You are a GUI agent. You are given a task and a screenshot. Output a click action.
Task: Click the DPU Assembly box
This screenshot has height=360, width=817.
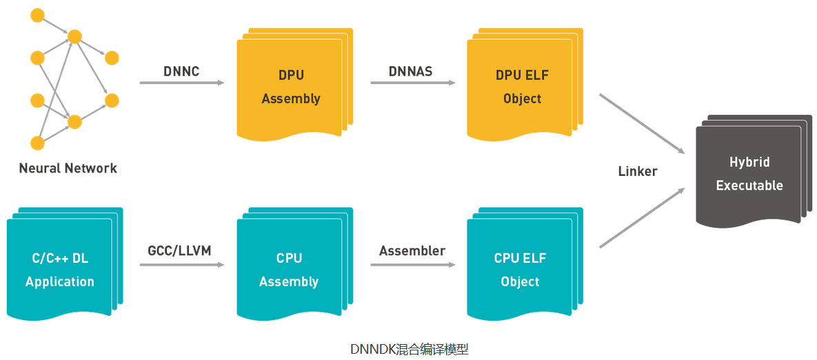coord(290,86)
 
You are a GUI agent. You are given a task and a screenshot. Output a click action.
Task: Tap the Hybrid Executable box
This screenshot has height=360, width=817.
coord(749,174)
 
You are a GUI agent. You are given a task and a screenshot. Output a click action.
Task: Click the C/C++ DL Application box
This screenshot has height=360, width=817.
coord(60,270)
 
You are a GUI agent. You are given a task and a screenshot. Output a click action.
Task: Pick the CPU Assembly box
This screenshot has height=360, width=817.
coord(289,270)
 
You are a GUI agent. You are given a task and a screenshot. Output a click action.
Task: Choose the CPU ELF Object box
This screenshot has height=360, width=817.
coord(520,270)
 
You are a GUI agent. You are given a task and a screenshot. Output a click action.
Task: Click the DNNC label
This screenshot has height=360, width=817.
coord(181,70)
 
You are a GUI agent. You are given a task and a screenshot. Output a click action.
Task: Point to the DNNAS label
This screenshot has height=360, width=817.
coord(411,70)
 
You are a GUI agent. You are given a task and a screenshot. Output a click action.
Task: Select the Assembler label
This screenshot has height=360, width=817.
coord(412,250)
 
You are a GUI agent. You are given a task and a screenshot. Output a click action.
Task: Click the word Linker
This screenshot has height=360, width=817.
coord(638,170)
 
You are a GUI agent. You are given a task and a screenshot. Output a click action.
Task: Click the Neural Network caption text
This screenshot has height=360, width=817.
coord(68,168)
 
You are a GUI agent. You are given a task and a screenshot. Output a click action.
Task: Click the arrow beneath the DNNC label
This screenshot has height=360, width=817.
coord(182,83)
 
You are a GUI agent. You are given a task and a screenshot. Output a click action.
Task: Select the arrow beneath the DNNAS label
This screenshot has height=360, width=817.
coord(412,83)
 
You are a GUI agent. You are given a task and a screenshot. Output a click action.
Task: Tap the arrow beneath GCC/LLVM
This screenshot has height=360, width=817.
coord(182,263)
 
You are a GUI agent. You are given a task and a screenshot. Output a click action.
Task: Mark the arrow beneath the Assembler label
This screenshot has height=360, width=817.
coord(412,263)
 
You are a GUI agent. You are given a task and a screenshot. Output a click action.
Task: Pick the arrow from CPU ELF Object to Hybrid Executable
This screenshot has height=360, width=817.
coord(641,217)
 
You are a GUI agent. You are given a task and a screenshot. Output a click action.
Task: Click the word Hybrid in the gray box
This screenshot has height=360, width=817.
coord(749,162)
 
